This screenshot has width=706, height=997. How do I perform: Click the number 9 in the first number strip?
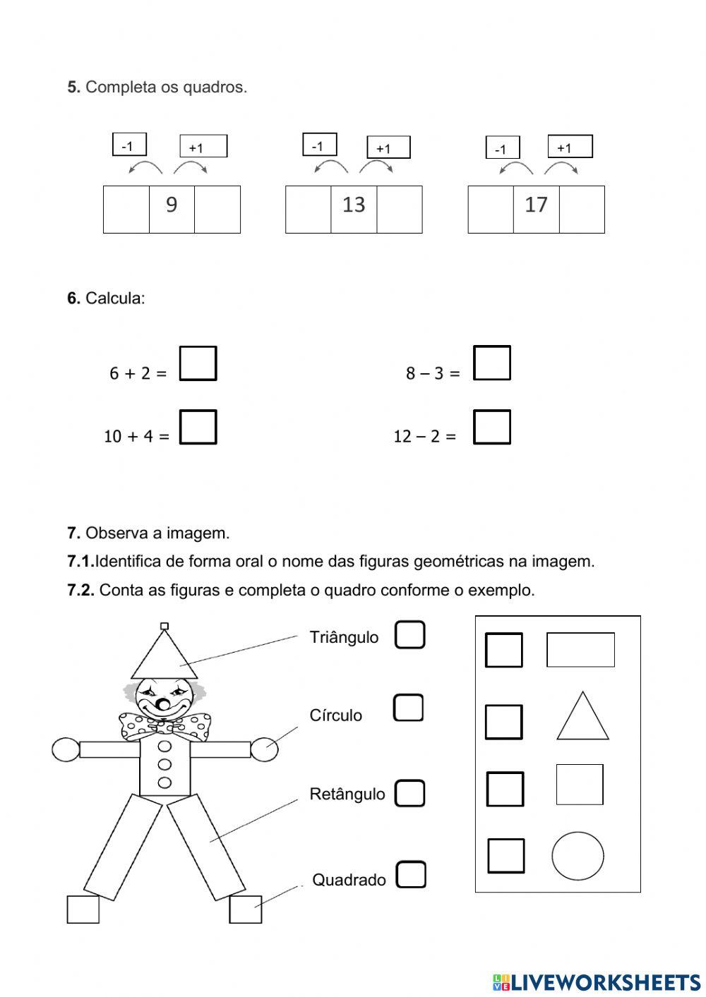[172, 205]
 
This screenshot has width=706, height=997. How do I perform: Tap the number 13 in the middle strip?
[354, 205]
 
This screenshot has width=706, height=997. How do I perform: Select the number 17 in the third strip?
[536, 205]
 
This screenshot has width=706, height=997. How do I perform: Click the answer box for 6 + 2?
[198, 363]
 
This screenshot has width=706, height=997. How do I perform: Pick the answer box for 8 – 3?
[491, 363]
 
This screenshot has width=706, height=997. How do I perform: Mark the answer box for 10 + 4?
[198, 427]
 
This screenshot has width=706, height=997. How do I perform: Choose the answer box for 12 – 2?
[491, 427]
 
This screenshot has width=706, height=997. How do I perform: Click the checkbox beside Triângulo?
[409, 634]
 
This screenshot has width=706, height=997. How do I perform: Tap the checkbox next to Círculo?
[408, 708]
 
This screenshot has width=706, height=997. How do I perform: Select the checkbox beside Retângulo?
[409, 793]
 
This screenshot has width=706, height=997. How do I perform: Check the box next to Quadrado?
[411, 875]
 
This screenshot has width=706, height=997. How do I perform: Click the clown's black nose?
[163, 705]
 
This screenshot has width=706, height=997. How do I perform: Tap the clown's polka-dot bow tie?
[164, 725]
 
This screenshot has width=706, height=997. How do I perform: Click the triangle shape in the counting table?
[582, 718]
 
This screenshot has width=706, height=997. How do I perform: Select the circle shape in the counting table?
[578, 856]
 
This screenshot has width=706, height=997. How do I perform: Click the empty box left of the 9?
[126, 210]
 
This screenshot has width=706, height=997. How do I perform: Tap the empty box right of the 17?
[582, 210]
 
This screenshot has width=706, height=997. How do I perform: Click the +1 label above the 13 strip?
[388, 148]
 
